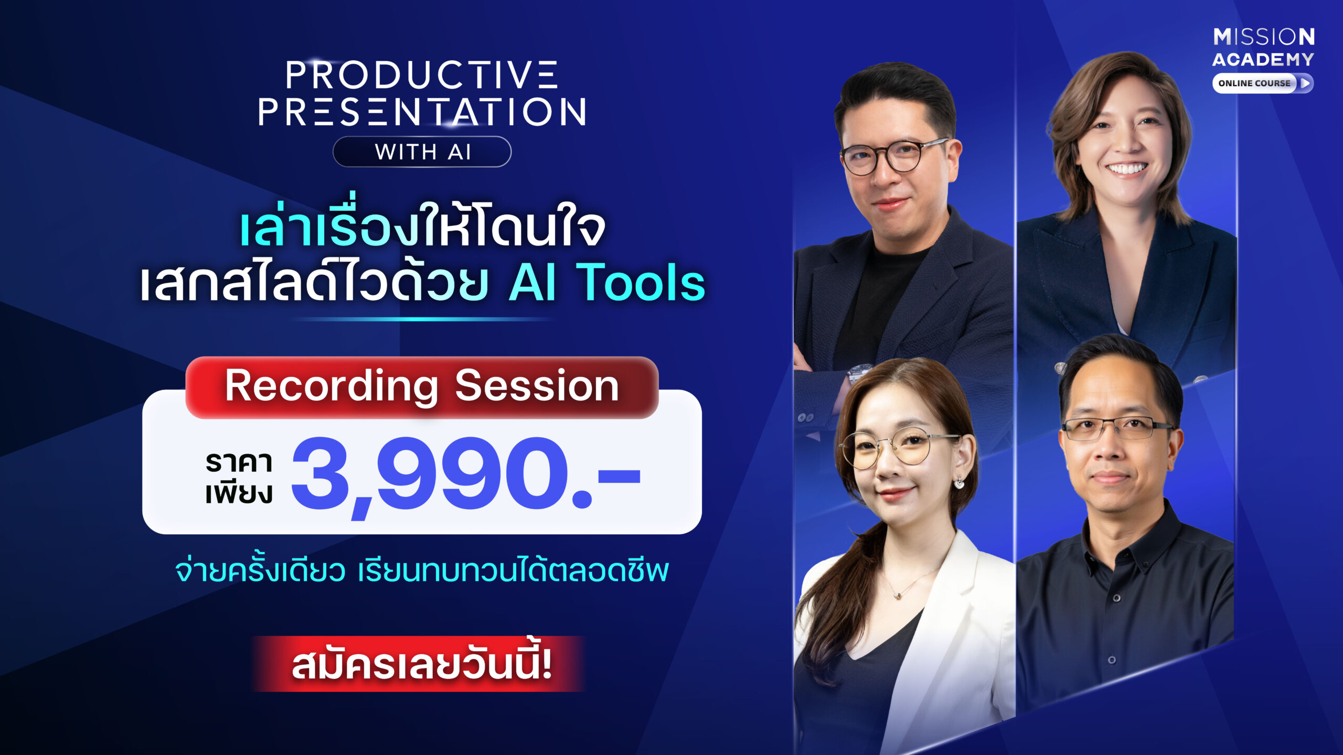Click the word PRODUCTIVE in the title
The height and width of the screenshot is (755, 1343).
tap(422, 75)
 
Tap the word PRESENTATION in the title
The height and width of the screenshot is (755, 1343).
tap(422, 112)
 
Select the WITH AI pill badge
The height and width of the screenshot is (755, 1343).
tap(422, 152)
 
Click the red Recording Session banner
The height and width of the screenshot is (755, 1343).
tap(422, 387)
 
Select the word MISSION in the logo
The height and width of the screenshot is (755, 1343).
tap(1264, 37)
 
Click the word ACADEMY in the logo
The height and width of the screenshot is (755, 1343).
tap(1263, 59)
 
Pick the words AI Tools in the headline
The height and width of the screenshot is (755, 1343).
tap(607, 283)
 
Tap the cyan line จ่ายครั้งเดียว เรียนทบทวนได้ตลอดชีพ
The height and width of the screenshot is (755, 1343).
tap(422, 570)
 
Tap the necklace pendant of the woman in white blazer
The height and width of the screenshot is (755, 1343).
tap(899, 595)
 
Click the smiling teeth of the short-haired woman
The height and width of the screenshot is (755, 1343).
tap(1126, 168)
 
